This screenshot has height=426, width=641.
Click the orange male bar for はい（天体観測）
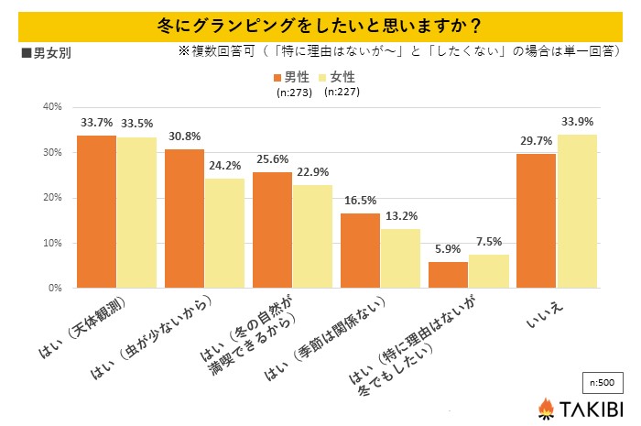96,212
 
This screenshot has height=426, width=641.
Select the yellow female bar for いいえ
577,212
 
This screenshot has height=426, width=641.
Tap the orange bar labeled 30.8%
184,219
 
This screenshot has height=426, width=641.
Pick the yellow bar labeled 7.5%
489,271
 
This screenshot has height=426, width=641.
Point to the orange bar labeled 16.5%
360,251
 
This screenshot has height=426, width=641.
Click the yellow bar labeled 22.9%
313,236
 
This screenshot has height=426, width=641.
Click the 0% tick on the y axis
54,288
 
